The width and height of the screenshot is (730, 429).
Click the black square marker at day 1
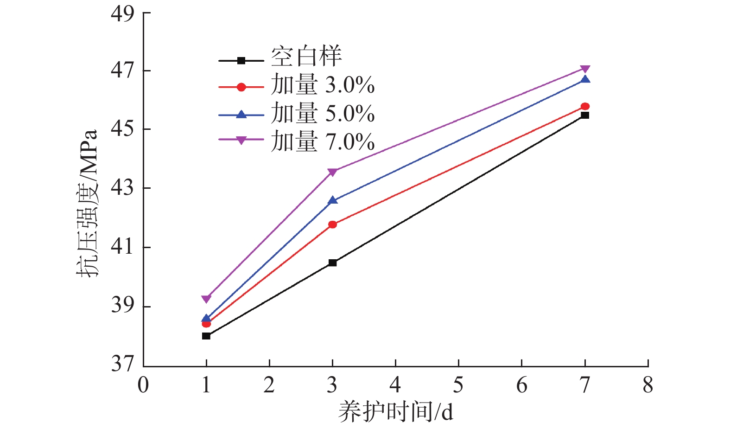pyautogui.click(x=206, y=336)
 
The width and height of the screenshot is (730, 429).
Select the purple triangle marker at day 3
pyautogui.click(x=332, y=172)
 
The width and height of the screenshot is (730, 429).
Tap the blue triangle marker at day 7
pyautogui.click(x=585, y=79)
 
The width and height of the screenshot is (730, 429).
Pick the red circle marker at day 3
pyautogui.click(x=332, y=224)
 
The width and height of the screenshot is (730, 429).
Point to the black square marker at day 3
pyautogui.click(x=332, y=263)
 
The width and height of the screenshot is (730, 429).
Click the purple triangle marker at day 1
pyautogui.click(x=206, y=299)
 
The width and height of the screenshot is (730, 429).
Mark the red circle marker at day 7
pyautogui.click(x=585, y=106)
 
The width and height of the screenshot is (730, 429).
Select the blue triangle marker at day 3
pyautogui.click(x=332, y=200)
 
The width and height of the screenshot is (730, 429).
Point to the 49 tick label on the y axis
pyautogui.click(x=122, y=13)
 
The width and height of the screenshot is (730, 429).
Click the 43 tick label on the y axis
pyautogui.click(x=122, y=188)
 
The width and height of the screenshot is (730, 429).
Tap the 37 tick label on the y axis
pyautogui.click(x=122, y=364)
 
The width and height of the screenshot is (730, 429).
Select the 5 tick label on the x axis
pyautogui.click(x=458, y=385)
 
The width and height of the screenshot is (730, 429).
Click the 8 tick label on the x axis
pyautogui.click(x=648, y=385)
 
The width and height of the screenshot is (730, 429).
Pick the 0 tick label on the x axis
pyautogui.click(x=143, y=385)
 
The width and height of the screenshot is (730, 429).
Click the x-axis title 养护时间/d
pyautogui.click(x=395, y=412)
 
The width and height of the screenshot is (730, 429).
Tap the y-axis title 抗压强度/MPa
pyautogui.click(x=88, y=204)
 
